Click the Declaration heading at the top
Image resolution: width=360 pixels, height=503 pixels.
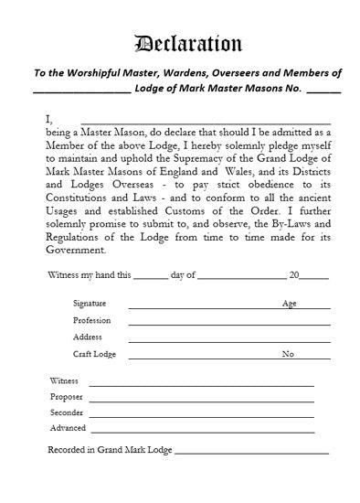(188, 43)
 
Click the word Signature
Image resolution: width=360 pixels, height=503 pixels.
(90, 304)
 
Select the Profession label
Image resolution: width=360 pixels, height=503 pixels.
(91, 321)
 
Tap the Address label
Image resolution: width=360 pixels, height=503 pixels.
(88, 337)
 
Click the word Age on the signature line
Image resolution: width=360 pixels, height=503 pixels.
(290, 304)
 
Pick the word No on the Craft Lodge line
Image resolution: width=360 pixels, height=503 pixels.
(288, 354)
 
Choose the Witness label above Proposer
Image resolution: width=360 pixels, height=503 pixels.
(65, 380)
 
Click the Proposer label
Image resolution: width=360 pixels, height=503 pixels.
(67, 397)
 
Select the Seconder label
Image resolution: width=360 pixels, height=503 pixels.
(67, 412)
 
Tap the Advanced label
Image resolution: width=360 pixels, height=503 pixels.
(68, 428)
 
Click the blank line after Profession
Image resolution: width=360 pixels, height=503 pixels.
(228, 324)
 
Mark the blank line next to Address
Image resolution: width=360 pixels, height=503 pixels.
(228, 340)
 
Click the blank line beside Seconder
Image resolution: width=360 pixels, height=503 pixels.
(201, 416)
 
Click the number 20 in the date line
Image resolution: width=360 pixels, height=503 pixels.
(294, 274)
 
